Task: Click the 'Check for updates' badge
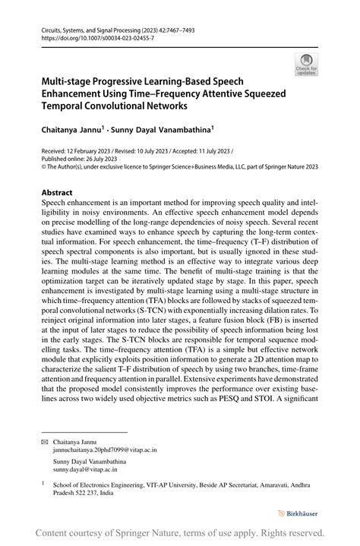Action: point(306,65)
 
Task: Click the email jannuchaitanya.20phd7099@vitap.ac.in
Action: point(105,449)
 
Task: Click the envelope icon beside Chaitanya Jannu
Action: point(45,440)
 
